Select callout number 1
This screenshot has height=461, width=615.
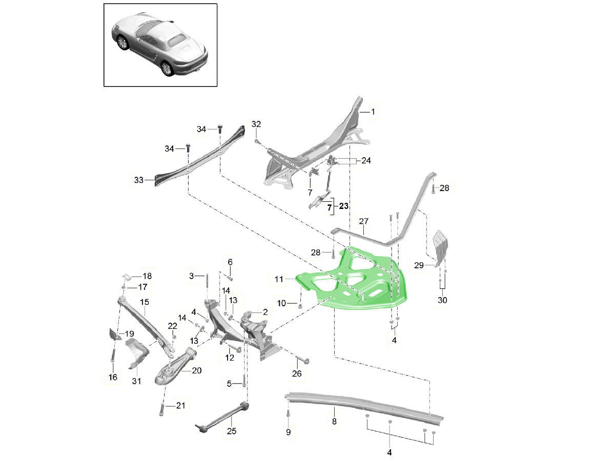click(373, 111)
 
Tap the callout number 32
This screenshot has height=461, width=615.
click(256, 124)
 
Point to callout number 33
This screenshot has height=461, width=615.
click(138, 180)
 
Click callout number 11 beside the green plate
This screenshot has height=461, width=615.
click(279, 280)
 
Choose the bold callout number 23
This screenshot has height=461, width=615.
click(343, 206)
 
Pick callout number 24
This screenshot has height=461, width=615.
click(366, 160)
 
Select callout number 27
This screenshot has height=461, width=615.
click(364, 222)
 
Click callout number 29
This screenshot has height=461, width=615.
click(419, 265)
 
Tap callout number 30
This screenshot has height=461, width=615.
click(442, 300)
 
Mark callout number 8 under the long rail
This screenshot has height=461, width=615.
click(334, 422)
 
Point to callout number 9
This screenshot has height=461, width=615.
click(288, 432)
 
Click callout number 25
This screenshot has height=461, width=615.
click(232, 431)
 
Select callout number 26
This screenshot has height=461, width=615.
click(297, 374)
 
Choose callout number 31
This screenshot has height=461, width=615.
click(136, 381)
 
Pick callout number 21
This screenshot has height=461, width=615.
click(180, 406)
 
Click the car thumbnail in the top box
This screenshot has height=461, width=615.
click(160, 45)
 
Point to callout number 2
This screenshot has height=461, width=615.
click(265, 312)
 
